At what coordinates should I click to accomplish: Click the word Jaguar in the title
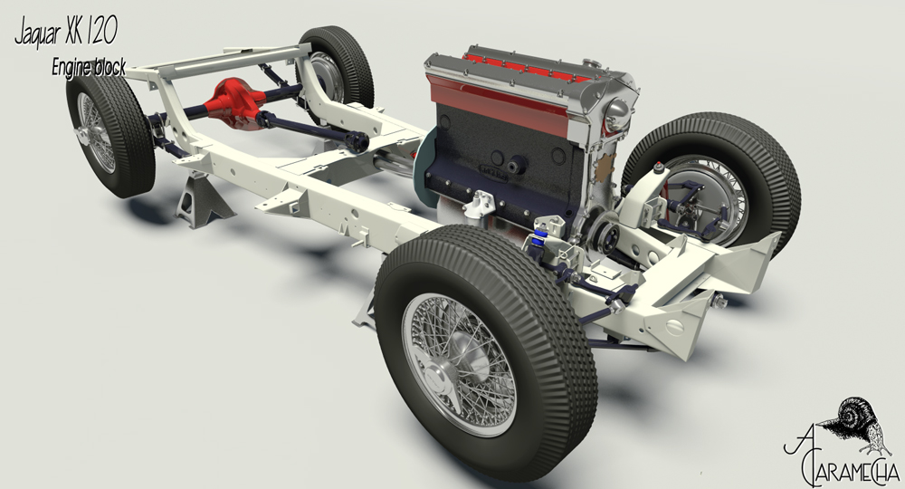pyautogui.click(x=38, y=34)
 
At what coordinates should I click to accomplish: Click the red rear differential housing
pyautogui.click(x=233, y=105)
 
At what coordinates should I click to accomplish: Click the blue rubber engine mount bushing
pyautogui.click(x=539, y=238)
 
